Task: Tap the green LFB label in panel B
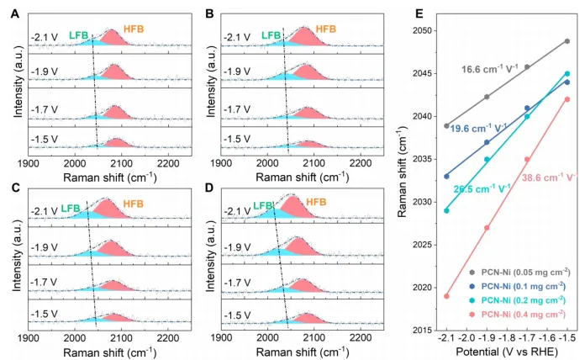tap(271, 35)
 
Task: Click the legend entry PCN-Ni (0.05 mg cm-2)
tap(517, 271)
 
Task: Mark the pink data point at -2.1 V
tap(446, 296)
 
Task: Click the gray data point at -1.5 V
tap(567, 41)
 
